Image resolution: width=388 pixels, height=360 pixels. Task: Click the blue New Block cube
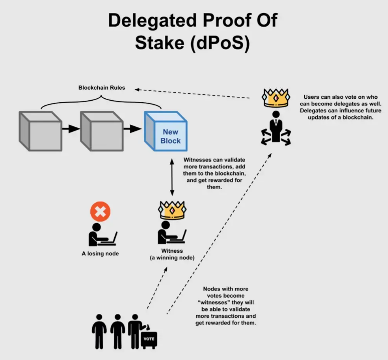(165, 132)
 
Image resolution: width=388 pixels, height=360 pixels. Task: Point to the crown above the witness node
(171, 210)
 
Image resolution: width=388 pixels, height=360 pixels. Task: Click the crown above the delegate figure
(276, 97)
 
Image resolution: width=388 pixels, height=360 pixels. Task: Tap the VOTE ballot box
(149, 339)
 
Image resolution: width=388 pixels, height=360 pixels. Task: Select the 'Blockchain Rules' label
(102, 88)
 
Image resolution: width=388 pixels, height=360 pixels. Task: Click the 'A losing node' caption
(100, 254)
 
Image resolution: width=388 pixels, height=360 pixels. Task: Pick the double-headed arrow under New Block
(172, 178)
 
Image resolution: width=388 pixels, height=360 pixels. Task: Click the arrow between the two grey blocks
(71, 129)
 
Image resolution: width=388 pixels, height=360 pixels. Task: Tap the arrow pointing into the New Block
(133, 129)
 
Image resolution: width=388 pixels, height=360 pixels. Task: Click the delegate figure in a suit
(276, 128)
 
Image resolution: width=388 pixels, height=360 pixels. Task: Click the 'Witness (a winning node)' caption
(172, 254)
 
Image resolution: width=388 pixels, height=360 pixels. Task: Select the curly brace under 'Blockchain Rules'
(101, 100)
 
